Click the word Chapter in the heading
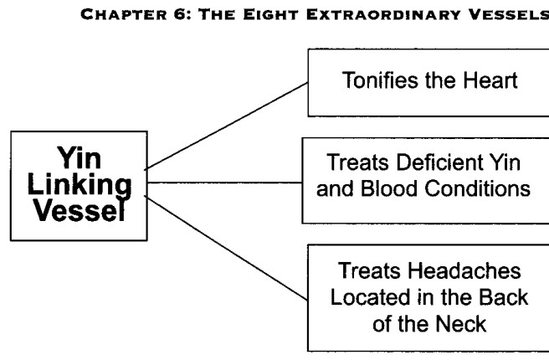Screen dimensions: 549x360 coord(124,15)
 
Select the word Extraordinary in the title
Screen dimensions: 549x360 coord(383,15)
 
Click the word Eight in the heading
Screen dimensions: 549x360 coord(271,15)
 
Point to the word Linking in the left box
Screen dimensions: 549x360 coord(80,185)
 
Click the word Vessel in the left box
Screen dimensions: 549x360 coord(80,210)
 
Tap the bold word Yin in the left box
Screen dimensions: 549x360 coord(80,158)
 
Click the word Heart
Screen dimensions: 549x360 coord(490,80)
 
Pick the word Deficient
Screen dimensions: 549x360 coord(439,162)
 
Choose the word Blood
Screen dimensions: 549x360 coord(389,188)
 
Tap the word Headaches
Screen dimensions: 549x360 coord(464,271)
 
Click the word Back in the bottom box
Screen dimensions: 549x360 coord(503,297)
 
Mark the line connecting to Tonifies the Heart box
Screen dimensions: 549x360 coord(227,126)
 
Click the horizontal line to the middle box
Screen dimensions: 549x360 coord(224,183)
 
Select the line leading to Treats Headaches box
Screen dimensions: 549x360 coord(227,248)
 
